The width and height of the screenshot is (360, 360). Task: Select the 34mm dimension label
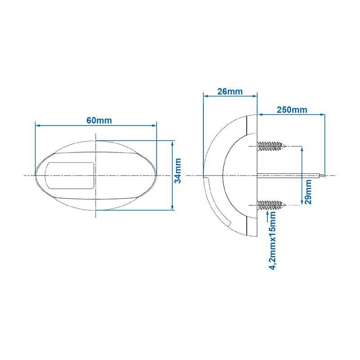[178, 171]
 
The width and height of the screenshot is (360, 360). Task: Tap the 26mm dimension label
[229, 91]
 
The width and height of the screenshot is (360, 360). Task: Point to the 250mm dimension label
[292, 110]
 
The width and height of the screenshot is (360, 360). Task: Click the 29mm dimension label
[308, 191]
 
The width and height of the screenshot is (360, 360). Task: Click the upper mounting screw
[272, 146]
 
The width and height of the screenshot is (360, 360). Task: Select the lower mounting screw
[272, 206]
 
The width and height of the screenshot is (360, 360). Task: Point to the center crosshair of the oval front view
[96, 175]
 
